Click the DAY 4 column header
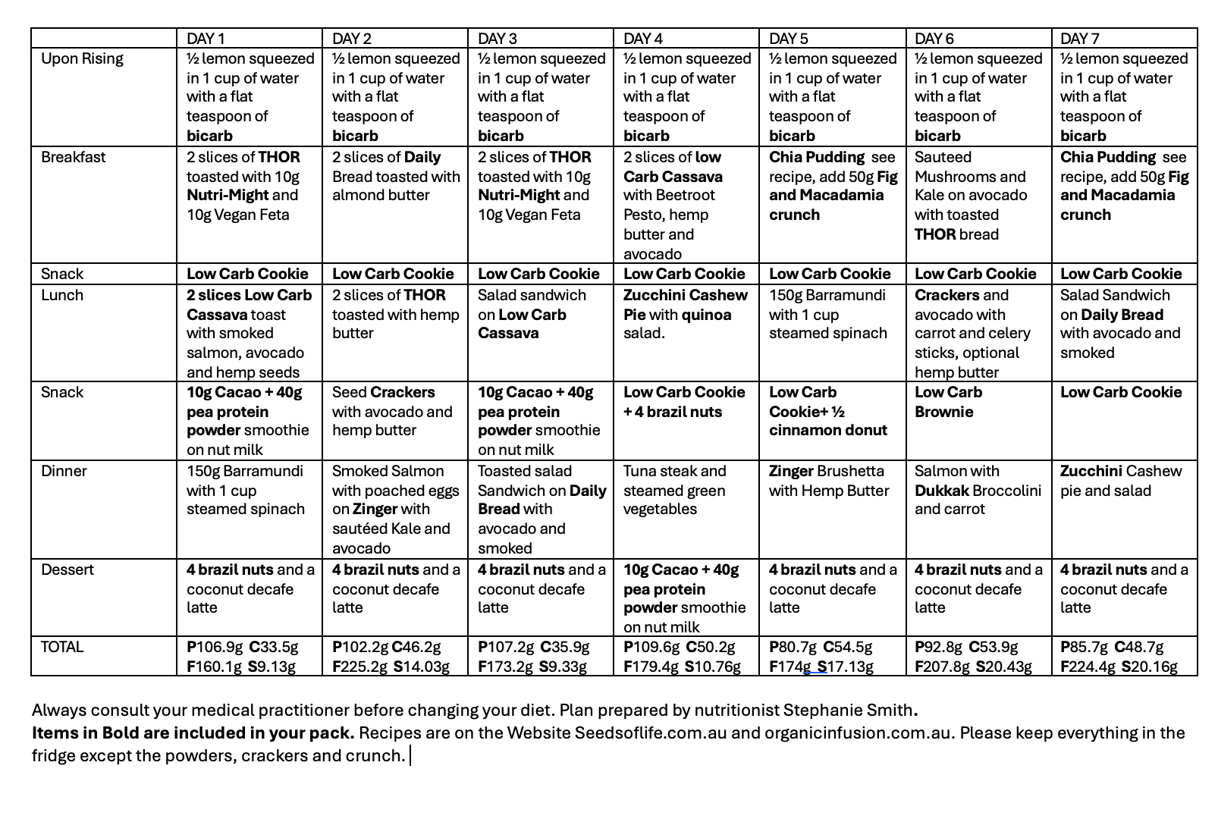click(642, 39)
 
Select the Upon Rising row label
click(82, 59)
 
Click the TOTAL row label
click(62, 647)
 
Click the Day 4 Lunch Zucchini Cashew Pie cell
click(685, 314)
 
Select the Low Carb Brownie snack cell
click(948, 402)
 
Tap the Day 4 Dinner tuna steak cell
click(674, 490)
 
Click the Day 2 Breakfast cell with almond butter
click(395, 176)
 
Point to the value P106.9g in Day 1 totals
click(215, 648)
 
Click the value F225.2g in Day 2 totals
click(359, 667)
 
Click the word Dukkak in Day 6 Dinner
click(941, 491)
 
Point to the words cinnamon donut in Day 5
click(827, 430)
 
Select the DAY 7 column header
click(1079, 39)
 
